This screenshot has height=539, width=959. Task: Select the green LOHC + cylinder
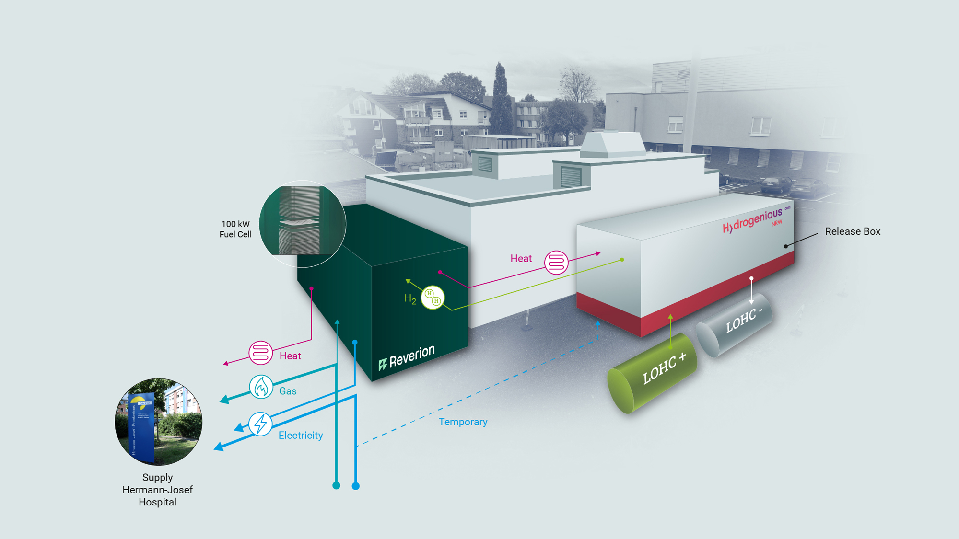click(x=653, y=374)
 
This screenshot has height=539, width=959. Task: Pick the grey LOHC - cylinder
click(x=734, y=324)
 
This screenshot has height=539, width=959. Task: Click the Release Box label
click(x=852, y=231)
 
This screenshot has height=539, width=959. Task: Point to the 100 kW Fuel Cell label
click(x=235, y=229)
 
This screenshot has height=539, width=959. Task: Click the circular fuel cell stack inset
click(x=302, y=224)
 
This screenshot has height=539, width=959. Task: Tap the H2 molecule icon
click(x=433, y=297)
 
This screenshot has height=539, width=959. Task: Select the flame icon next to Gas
click(x=261, y=387)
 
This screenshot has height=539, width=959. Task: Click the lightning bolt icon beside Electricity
click(x=260, y=424)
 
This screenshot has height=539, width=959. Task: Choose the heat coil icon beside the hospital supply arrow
click(x=260, y=353)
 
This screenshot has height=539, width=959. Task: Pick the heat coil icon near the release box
click(x=556, y=263)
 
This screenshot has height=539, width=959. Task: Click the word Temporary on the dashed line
click(x=463, y=422)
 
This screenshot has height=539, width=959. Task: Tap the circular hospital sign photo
click(x=158, y=422)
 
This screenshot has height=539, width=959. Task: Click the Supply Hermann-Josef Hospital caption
click(x=157, y=490)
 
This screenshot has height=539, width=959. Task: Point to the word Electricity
click(x=301, y=435)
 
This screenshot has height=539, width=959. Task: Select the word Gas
click(x=288, y=391)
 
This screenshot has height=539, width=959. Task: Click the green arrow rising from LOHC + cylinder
click(x=670, y=331)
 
